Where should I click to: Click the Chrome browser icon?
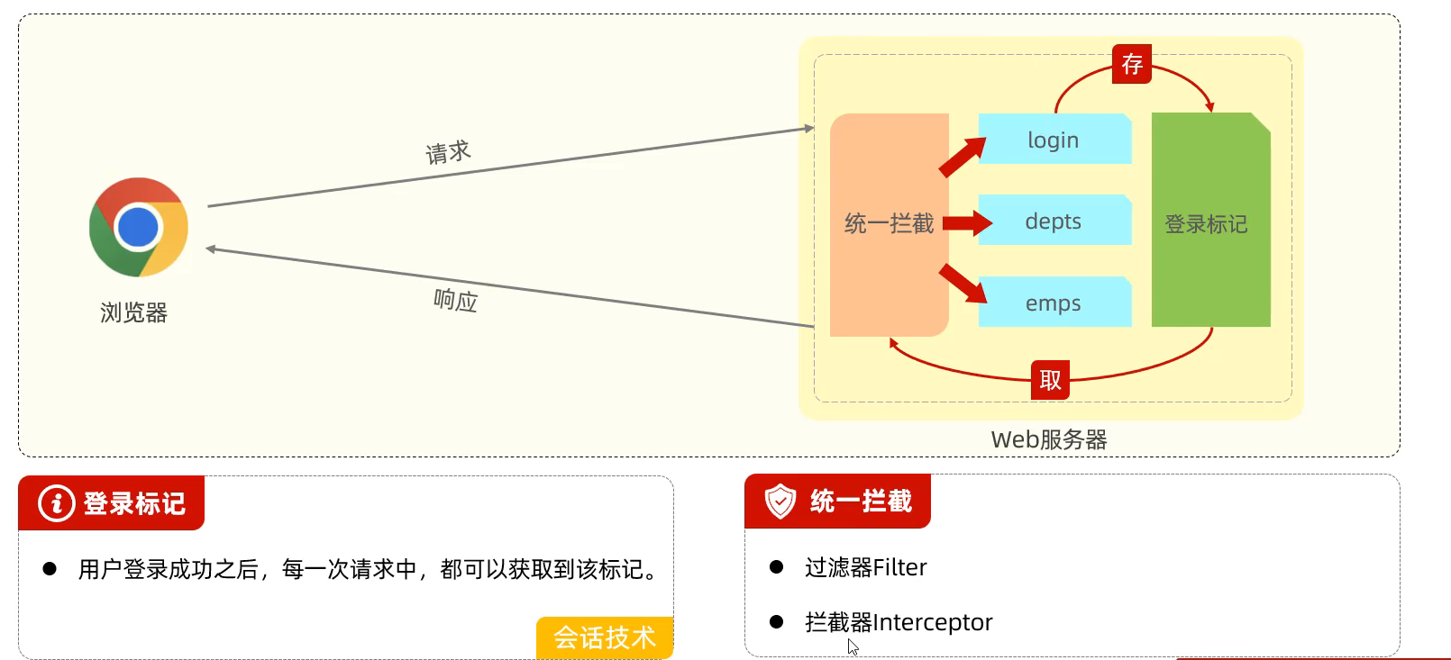point(139,227)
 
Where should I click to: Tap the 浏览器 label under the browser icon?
point(133,312)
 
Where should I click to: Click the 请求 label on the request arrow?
point(448,152)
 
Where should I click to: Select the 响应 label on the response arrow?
point(455,300)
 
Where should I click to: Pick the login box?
point(1054,140)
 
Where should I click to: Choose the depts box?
point(1054,222)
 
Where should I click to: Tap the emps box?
point(1054,303)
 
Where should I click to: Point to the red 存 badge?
point(1132,64)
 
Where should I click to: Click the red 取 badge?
point(1050,380)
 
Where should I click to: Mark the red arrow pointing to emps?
point(963,283)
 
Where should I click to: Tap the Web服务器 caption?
point(1049,439)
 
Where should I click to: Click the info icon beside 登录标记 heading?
point(56,502)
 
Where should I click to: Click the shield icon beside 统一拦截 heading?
point(780,501)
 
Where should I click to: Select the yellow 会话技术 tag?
point(605,637)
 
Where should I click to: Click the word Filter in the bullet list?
point(899,567)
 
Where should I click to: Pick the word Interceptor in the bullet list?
point(933,622)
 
